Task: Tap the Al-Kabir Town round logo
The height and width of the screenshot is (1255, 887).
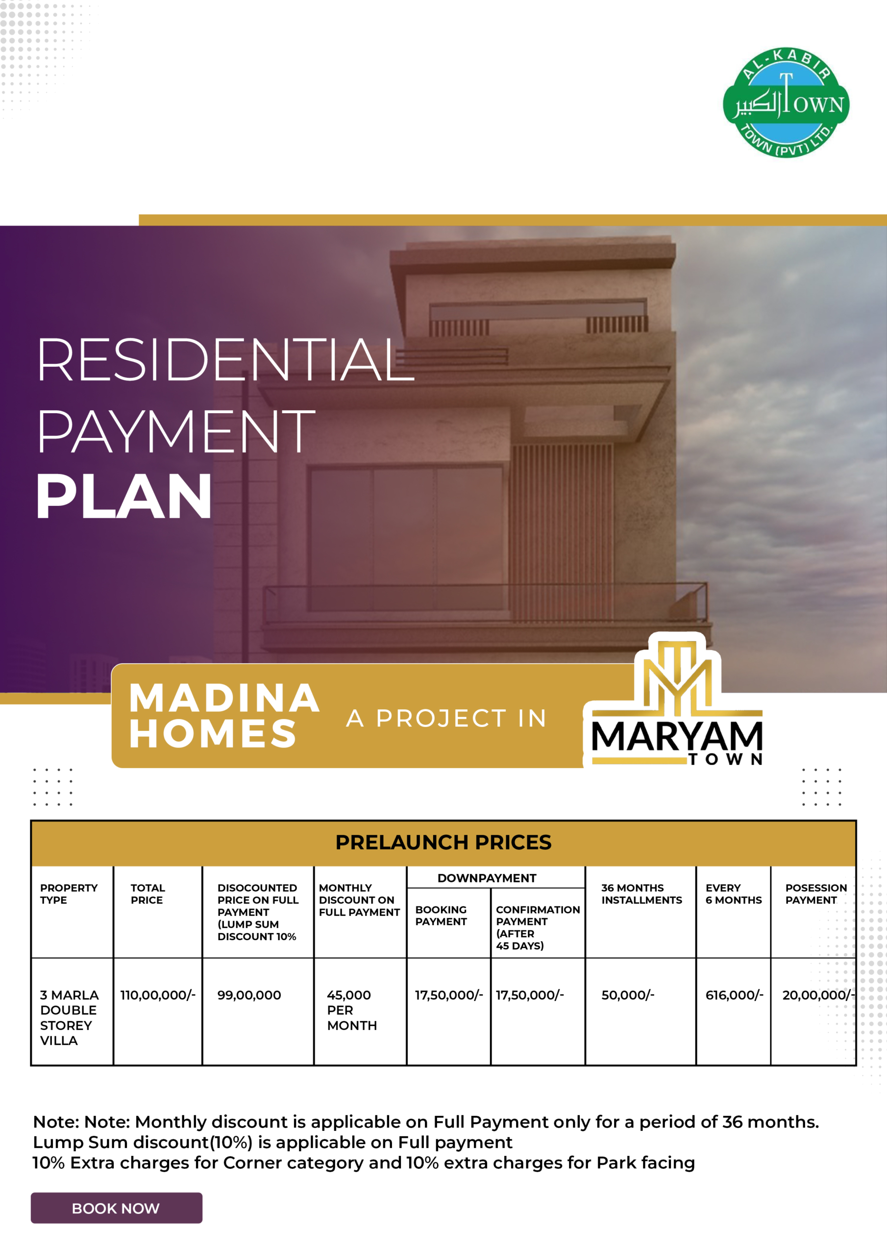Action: click(x=786, y=103)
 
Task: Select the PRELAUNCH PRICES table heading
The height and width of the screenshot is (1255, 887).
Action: click(x=443, y=842)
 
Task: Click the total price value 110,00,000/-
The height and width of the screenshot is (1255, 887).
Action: click(x=158, y=995)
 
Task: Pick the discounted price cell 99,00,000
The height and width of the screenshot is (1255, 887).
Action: click(x=249, y=995)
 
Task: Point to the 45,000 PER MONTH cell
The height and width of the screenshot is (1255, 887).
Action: click(x=352, y=1010)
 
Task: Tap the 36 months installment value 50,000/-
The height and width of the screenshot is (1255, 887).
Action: click(x=628, y=995)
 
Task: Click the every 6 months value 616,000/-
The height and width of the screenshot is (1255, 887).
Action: click(x=735, y=995)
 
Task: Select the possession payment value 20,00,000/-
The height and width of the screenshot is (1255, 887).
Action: click(x=818, y=995)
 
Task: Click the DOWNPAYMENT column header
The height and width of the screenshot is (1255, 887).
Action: click(x=487, y=878)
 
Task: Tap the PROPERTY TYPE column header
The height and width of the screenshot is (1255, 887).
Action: click(x=69, y=894)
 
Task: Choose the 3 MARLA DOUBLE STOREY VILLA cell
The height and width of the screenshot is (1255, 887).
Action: click(x=70, y=1018)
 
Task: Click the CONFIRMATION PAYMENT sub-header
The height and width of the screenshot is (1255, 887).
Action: click(x=538, y=928)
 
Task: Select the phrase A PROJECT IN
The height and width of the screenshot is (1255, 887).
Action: click(x=446, y=718)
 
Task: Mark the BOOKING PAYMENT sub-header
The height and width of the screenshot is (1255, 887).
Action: click(x=441, y=916)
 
